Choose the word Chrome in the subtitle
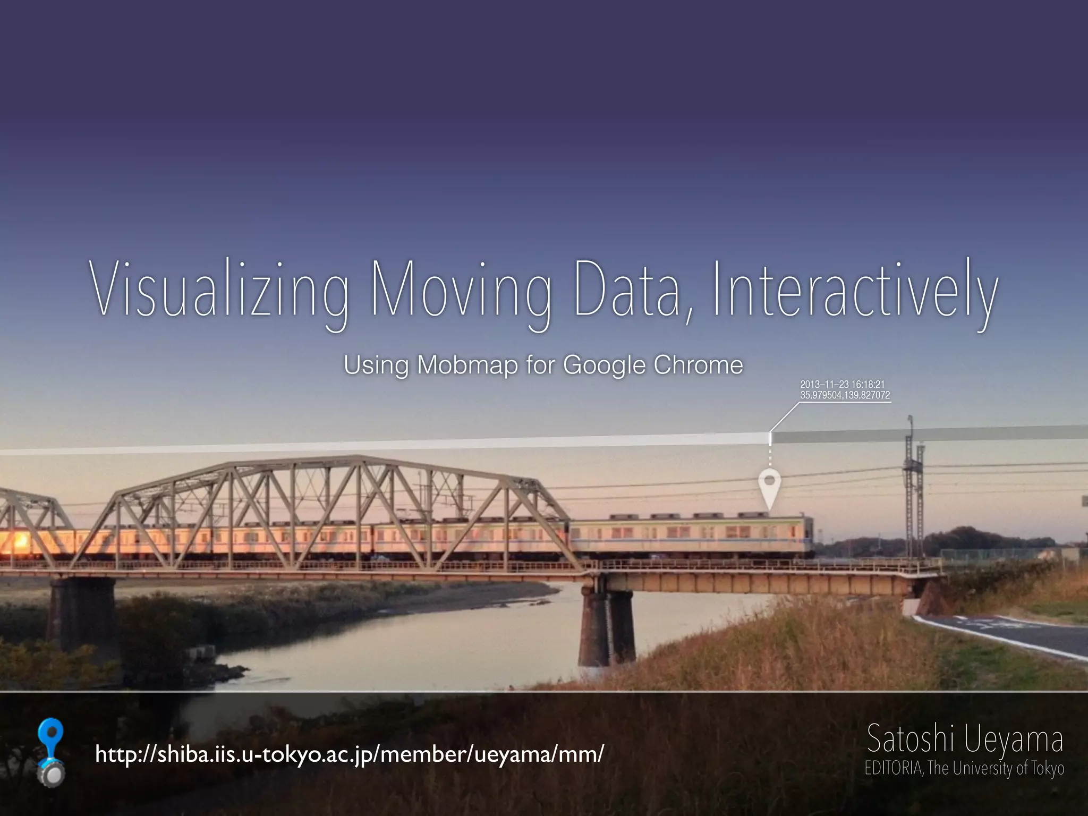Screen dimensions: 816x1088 (698, 365)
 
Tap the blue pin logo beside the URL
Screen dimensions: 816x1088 (52, 752)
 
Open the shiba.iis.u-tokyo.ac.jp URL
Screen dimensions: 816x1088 (350, 753)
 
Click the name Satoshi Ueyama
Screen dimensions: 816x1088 (965, 739)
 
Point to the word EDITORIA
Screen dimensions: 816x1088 (894, 769)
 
